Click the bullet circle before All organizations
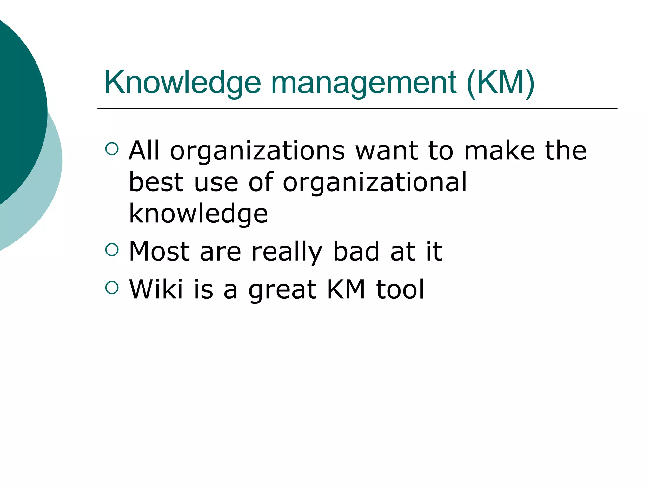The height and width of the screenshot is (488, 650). (x=112, y=149)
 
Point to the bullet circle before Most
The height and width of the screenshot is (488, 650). (x=112, y=250)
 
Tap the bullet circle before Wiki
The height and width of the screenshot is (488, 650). (x=112, y=288)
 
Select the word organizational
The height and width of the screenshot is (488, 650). (x=375, y=182)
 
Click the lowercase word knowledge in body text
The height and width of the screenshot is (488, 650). (x=198, y=213)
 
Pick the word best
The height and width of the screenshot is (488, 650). (x=156, y=182)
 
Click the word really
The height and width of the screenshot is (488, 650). (x=287, y=252)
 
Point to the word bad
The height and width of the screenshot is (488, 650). (x=356, y=252)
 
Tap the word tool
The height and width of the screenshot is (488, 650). (x=400, y=289)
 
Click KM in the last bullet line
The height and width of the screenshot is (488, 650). (x=346, y=289)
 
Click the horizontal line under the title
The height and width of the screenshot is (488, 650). (x=357, y=108)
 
